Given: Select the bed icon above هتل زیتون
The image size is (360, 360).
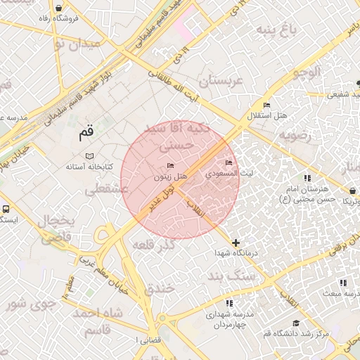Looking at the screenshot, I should point(169,166).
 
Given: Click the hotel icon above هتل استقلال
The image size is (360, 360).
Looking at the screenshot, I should point(266,105).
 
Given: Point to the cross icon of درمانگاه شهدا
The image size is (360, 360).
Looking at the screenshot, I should point(236,243).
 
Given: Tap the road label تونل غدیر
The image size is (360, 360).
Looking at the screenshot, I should point(160,199).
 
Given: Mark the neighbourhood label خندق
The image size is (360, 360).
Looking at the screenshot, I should point(159,288).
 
